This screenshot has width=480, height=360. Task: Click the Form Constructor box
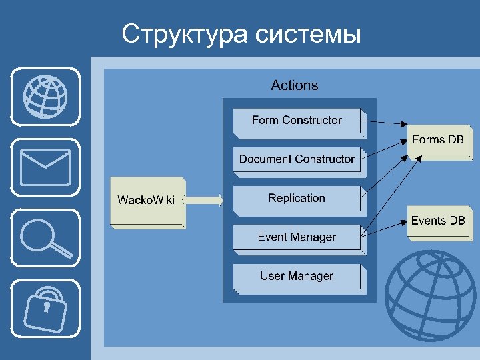point(297,121)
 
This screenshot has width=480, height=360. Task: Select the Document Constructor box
point(297,160)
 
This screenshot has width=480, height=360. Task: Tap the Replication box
point(297,199)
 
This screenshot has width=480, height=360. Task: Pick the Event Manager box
point(297,238)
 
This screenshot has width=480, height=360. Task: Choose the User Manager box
point(297,277)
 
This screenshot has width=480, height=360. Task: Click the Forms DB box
point(438,141)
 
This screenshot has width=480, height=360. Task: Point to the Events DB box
point(438,221)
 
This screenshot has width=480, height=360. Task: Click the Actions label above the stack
point(295,85)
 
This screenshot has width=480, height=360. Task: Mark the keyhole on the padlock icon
point(47,307)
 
